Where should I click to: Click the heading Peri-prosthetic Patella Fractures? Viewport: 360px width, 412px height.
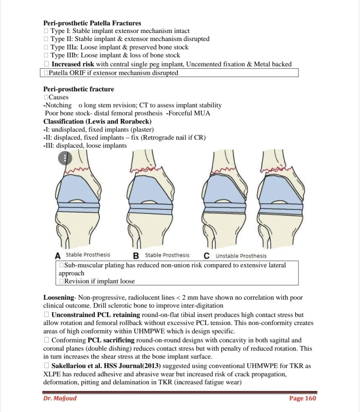tap(92, 23)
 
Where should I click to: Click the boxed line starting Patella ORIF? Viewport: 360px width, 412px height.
tap(113, 73)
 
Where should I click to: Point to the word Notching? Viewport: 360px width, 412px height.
tap(58, 105)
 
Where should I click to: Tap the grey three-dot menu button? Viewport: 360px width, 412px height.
tap(65, 158)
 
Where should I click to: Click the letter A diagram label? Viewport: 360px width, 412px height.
tap(58, 255)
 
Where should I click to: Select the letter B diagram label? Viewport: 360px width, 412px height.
tap(136, 255)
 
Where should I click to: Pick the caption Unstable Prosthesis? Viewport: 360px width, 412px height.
tap(241, 255)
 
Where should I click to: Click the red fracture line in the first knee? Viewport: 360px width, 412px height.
tap(76, 171)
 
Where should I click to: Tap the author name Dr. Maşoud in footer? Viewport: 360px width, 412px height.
tap(60, 398)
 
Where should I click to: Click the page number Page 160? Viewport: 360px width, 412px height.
tap(302, 398)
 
